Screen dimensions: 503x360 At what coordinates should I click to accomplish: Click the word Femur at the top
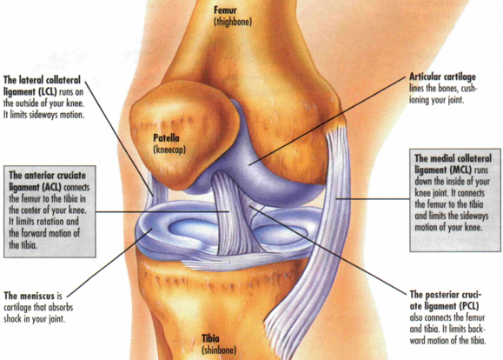point(225,10)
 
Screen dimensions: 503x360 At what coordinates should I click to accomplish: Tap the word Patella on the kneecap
point(166,138)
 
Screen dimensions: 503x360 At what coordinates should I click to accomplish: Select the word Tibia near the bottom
point(211,338)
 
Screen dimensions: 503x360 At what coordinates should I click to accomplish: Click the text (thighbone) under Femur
point(233,22)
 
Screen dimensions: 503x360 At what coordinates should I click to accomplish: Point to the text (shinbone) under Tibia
point(219,350)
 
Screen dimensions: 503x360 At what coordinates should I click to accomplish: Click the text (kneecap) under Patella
point(169,150)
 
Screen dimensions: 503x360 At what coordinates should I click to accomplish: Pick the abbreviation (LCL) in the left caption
point(48,92)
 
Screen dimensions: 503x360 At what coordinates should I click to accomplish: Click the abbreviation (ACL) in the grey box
point(52,187)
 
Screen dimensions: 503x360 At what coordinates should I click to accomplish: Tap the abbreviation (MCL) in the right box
point(461,170)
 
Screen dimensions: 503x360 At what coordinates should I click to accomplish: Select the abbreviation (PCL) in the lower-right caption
point(468,306)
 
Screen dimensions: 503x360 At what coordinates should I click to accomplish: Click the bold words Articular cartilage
point(442,77)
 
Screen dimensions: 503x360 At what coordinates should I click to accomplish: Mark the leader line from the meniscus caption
point(109,263)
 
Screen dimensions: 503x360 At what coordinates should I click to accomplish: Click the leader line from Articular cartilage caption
point(328,121)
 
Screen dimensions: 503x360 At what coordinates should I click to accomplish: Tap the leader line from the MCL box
point(373,199)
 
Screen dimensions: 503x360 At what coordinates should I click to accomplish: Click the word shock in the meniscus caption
point(14,319)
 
